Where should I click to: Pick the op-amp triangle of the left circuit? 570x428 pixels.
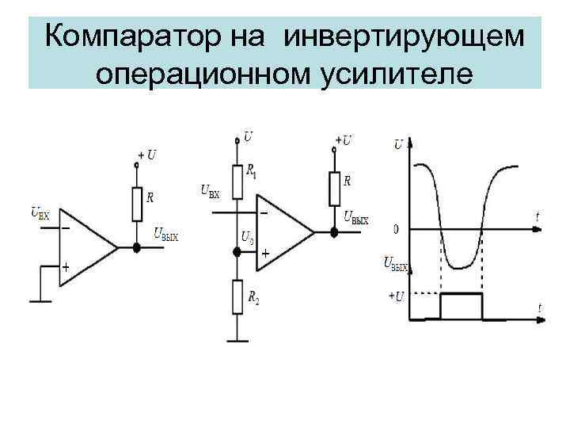point(86,247)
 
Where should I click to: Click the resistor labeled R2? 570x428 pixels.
point(236,299)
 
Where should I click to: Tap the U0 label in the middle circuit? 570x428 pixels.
point(247,237)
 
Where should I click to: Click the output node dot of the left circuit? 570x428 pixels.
point(136,248)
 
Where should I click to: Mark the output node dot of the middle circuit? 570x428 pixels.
point(334,233)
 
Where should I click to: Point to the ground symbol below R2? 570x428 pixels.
point(236,342)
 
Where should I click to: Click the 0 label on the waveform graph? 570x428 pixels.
point(396,230)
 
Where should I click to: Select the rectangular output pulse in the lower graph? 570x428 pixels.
point(461,305)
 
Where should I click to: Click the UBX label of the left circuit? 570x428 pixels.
point(40,212)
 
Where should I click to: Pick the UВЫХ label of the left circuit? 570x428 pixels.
point(166,235)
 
